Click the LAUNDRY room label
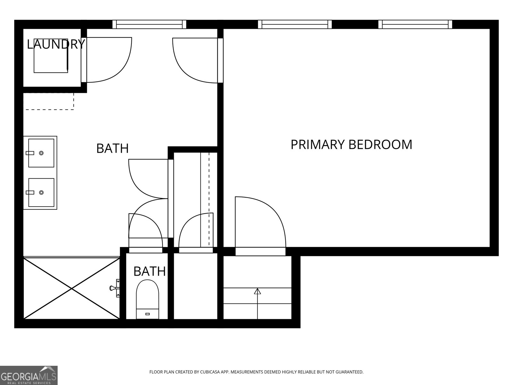pyautogui.click(x=56, y=44)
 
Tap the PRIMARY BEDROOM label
pyautogui.click(x=351, y=145)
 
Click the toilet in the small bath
pyautogui.click(x=147, y=299)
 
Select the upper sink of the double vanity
pyautogui.click(x=41, y=153)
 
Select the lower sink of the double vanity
pyautogui.click(x=41, y=193)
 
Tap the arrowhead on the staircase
pyautogui.click(x=257, y=291)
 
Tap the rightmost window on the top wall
pyautogui.click(x=415, y=24)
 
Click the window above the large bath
pyautogui.click(x=149, y=24)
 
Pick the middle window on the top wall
pyautogui.click(x=295, y=24)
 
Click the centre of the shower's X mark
pyautogui.click(x=71, y=288)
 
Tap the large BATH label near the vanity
pyautogui.click(x=112, y=149)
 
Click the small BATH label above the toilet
pyautogui.click(x=149, y=271)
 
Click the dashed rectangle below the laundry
pyautogui.click(x=49, y=101)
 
